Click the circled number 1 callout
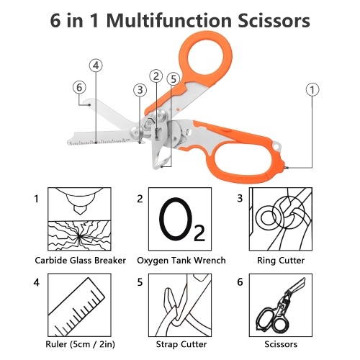[312, 90]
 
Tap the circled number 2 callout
[156, 76]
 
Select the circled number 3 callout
[140, 90]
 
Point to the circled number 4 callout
[96, 66]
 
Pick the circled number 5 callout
[174, 79]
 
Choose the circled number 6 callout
[79, 87]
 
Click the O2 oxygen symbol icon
[180, 219]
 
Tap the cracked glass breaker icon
[79, 219]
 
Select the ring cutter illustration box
[281, 219]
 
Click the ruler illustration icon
[79, 305]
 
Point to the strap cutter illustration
[180, 305]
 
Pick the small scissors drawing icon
[281, 305]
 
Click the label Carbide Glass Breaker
[80, 261]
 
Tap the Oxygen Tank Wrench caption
[181, 261]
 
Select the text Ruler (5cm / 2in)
[80, 344]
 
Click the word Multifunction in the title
[169, 21]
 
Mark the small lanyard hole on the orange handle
[276, 146]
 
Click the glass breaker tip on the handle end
[287, 168]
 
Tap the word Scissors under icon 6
[281, 344]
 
